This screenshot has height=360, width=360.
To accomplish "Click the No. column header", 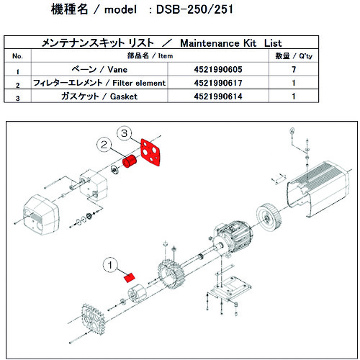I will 18,55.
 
